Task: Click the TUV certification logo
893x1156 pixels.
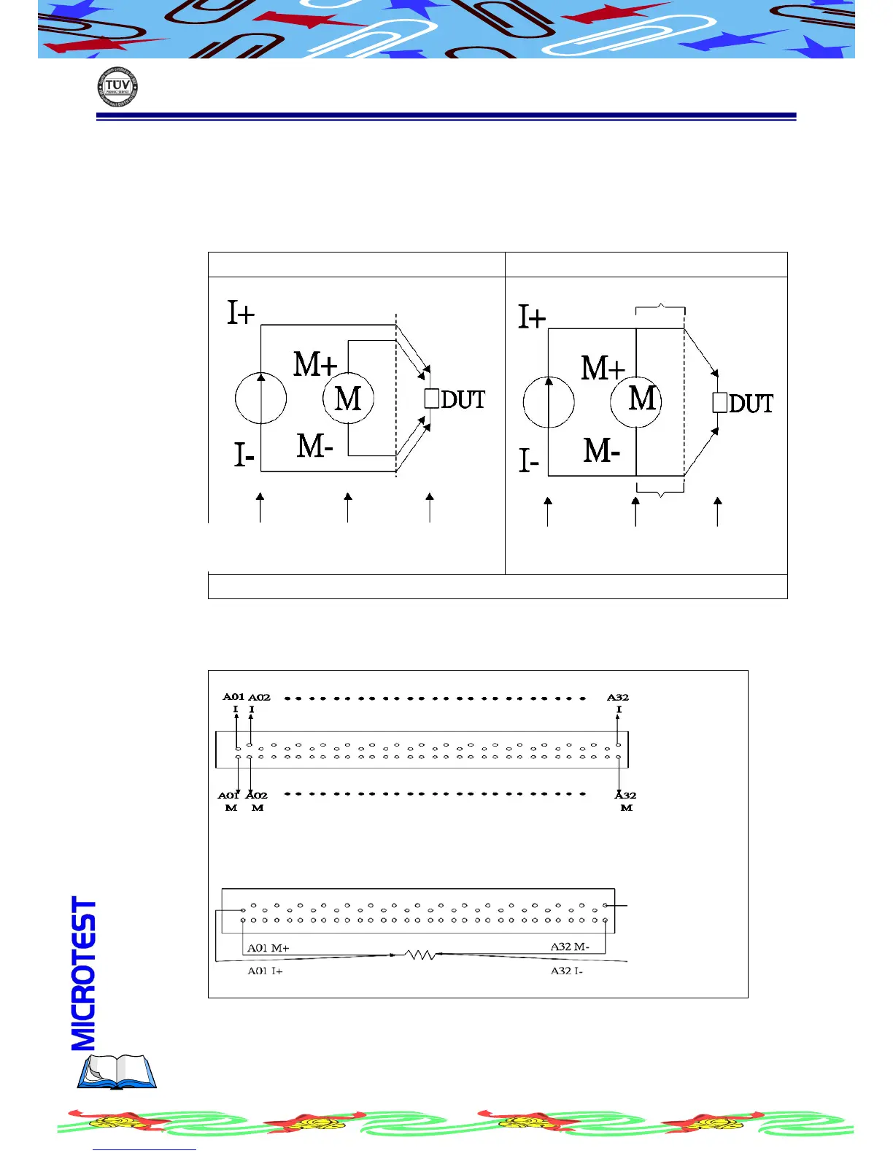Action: coord(117,88)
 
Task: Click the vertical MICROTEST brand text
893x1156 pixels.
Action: coord(84,974)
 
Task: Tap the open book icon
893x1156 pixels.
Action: coord(117,1071)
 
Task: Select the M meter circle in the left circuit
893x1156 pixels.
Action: coord(348,398)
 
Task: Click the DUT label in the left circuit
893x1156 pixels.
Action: coord(463,400)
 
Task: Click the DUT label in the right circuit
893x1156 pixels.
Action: coord(751,404)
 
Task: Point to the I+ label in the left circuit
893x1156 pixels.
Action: coord(241,313)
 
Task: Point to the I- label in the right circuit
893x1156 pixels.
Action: coord(529,461)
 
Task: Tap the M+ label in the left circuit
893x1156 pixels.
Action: coord(315,364)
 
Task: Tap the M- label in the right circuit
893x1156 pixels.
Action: coord(602,451)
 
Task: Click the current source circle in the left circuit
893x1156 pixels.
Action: coord(260,398)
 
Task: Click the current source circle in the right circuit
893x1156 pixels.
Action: coord(549,402)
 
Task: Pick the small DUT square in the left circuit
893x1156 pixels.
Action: coord(432,398)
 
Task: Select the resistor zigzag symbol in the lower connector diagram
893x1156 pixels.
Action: coord(420,955)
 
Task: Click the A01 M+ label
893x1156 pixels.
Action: coord(268,948)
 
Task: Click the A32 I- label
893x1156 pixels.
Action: coord(567,971)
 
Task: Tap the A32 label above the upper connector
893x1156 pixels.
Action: coord(618,698)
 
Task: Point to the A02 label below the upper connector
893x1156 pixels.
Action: coord(258,795)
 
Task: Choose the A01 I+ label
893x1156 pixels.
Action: coord(265,971)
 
